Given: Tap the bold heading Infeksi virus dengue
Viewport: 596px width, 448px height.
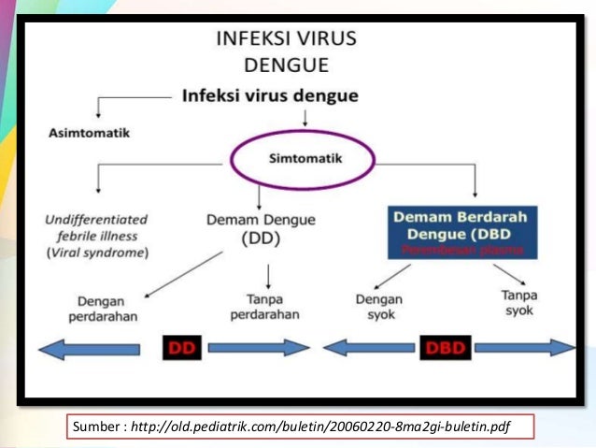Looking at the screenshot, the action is click(270, 95).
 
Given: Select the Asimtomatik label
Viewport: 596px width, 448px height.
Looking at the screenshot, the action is click(89, 132).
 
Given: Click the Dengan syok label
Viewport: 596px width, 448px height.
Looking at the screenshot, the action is click(379, 306).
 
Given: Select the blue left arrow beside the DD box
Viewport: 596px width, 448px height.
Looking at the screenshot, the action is click(89, 348).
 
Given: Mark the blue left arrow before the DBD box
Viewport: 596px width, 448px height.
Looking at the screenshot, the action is click(365, 348).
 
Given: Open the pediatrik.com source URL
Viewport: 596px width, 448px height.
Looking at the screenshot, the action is click(317, 426).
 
